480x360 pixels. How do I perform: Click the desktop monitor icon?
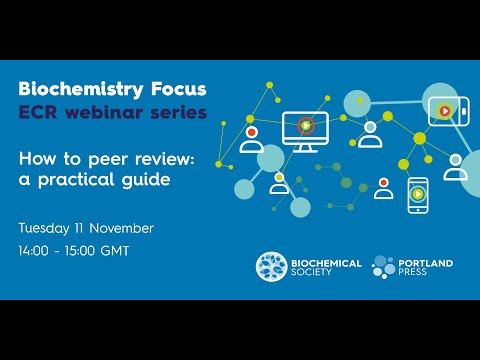tap(305, 128)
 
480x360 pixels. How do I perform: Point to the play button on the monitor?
tap(305, 125)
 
